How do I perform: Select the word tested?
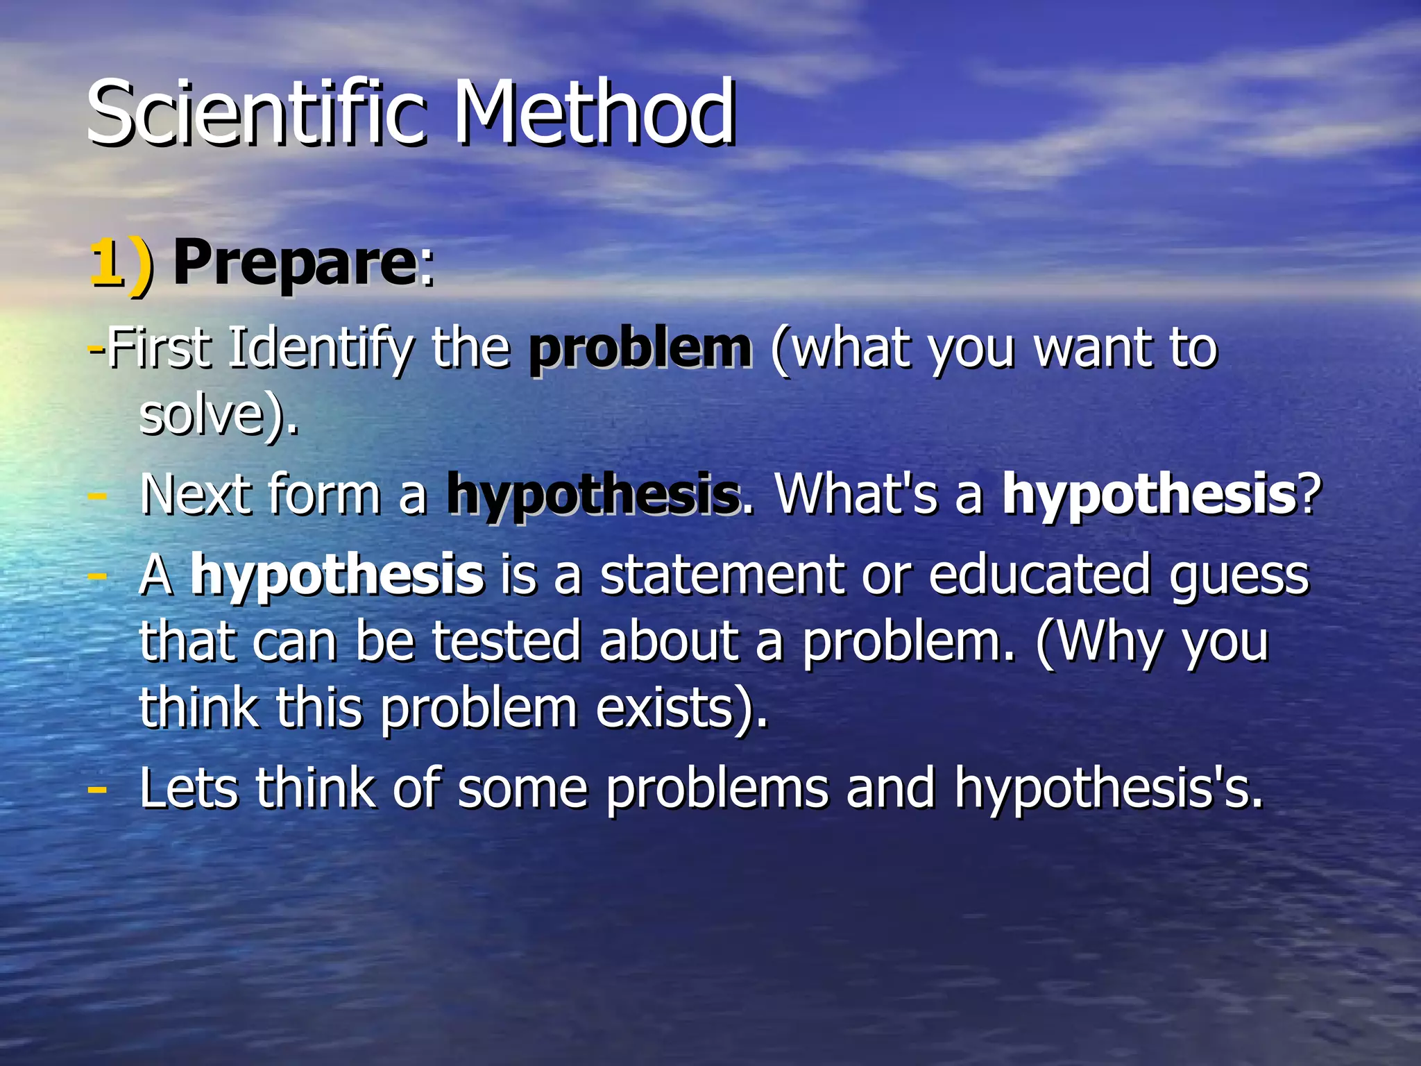[507, 641]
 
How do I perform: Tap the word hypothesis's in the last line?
[1108, 790]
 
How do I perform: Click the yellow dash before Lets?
[98, 790]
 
